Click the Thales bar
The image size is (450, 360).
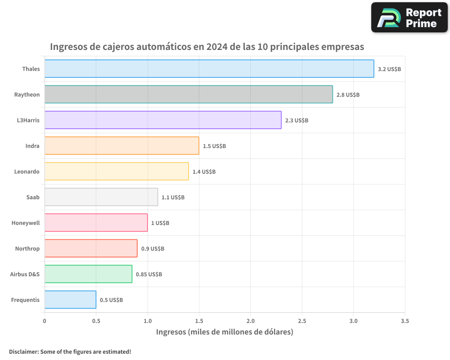[209, 69]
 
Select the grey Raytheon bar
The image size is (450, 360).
[189, 94]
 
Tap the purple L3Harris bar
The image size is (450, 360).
[163, 120]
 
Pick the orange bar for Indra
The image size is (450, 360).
[121, 146]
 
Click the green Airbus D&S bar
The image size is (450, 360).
[88, 274]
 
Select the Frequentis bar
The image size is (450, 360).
[70, 300]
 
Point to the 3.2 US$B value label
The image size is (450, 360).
[389, 69]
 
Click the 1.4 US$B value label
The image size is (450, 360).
[204, 172]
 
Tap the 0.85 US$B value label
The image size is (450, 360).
[149, 274]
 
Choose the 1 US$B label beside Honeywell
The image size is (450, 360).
[160, 223]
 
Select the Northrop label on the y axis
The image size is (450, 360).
[27, 248]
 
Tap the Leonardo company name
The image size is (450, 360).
[27, 171]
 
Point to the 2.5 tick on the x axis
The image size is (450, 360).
[302, 321]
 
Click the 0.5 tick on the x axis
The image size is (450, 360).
[96, 321]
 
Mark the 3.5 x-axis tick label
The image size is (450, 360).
[405, 321]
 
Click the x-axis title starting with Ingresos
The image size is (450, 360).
[225, 332]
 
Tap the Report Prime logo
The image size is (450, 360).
[409, 18]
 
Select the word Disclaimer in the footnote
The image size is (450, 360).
[23, 351]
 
